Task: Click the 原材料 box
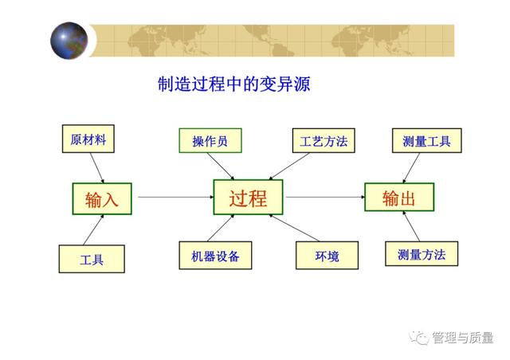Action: (88, 139)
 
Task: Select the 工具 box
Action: (92, 259)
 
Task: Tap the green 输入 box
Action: (102, 198)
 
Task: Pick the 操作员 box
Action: (210, 140)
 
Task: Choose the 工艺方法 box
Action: (324, 140)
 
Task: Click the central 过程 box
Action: (248, 197)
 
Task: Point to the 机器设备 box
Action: (215, 256)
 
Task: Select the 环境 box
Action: (328, 256)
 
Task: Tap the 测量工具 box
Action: (427, 140)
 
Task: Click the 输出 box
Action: (399, 197)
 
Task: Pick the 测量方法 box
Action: (422, 253)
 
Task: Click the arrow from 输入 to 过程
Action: (175, 197)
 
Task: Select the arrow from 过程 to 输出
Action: (325, 197)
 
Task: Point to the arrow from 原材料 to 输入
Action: (97, 168)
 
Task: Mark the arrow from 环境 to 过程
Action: (294, 228)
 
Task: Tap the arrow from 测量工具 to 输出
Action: (411, 168)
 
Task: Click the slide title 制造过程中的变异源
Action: (233, 84)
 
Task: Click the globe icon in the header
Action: (69, 41)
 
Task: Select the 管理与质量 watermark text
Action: (462, 338)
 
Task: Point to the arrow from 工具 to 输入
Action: (94, 230)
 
